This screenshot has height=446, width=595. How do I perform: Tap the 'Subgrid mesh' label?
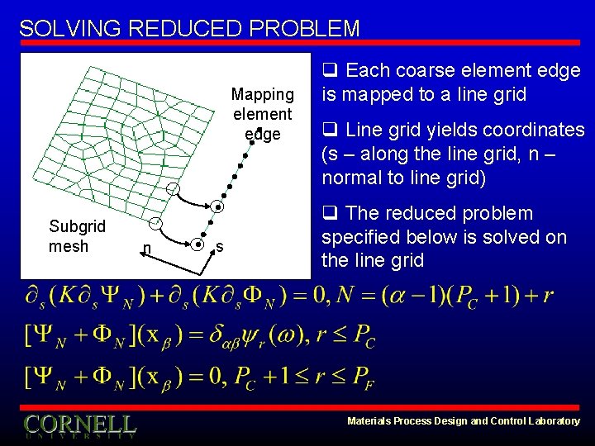[x=77, y=235]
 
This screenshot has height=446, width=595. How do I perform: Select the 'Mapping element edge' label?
[x=262, y=114]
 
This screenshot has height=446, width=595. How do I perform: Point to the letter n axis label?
[x=146, y=248]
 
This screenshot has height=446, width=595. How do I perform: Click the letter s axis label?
[x=219, y=246]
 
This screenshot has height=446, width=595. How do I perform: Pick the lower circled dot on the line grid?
[x=198, y=244]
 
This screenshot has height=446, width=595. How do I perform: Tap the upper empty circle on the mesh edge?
[x=173, y=190]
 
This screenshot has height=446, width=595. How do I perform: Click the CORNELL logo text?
[x=80, y=425]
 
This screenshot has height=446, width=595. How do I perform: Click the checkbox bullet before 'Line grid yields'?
[x=328, y=130]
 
